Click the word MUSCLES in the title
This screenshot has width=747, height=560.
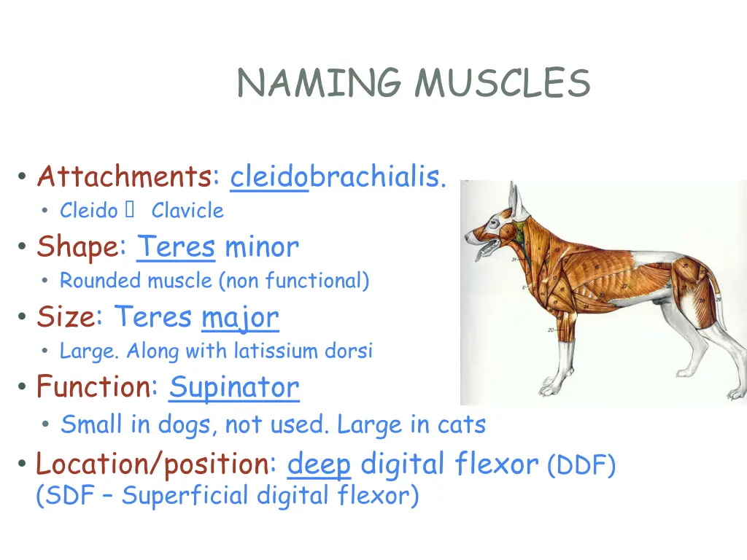pyautogui.click(x=502, y=83)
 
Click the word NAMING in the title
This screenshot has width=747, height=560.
pyautogui.click(x=320, y=83)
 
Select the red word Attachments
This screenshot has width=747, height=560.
pyautogui.click(x=125, y=176)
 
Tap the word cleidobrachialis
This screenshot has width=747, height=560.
pyautogui.click(x=338, y=176)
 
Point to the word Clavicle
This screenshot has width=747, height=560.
pyautogui.click(x=187, y=211)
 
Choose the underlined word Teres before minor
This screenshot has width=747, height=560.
pyautogui.click(x=176, y=246)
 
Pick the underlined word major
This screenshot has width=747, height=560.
pyautogui.click(x=240, y=317)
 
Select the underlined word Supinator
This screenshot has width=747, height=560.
pyautogui.click(x=233, y=386)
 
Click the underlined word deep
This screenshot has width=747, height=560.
pyautogui.click(x=320, y=463)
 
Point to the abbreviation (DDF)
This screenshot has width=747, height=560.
pyautogui.click(x=581, y=464)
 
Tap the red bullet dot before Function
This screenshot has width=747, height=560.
pyautogui.click(x=23, y=387)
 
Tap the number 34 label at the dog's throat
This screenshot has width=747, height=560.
pyautogui.click(x=514, y=259)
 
